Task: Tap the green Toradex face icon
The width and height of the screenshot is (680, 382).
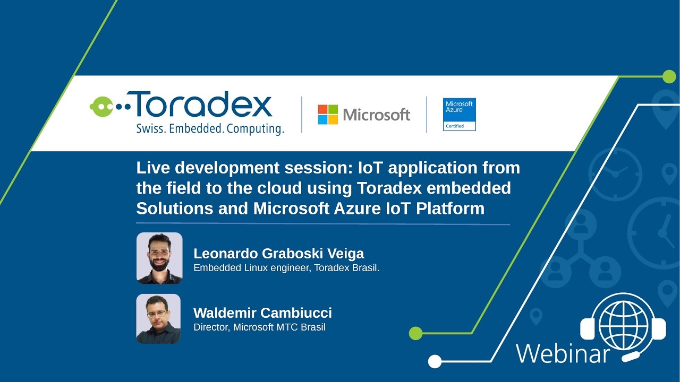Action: click(x=101, y=107)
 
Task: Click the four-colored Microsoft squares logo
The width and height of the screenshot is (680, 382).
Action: click(x=328, y=115)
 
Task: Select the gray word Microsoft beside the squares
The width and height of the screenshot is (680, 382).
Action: click(x=377, y=115)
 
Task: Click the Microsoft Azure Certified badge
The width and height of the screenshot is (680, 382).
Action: click(x=459, y=114)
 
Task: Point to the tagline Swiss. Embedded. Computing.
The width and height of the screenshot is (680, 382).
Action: click(x=210, y=129)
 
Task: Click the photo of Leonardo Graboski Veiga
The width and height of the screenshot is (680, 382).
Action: click(x=159, y=258)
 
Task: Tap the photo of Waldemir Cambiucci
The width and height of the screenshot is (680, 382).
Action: click(x=158, y=318)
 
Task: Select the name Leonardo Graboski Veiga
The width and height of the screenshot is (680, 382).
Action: click(x=278, y=253)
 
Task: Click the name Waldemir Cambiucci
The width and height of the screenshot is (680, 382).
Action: click(x=262, y=312)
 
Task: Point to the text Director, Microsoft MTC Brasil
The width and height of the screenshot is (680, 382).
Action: click(x=259, y=327)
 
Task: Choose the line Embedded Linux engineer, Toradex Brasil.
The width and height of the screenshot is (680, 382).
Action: click(x=286, y=267)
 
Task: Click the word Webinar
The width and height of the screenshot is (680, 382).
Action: click(x=563, y=353)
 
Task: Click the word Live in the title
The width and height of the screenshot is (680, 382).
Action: click(x=152, y=168)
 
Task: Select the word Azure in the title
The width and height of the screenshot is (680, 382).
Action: click(x=356, y=209)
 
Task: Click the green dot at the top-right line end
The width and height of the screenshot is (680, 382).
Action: click(x=669, y=76)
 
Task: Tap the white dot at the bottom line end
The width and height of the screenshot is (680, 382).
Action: click(x=435, y=362)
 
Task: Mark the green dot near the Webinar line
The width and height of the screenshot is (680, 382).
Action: click(x=416, y=333)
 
